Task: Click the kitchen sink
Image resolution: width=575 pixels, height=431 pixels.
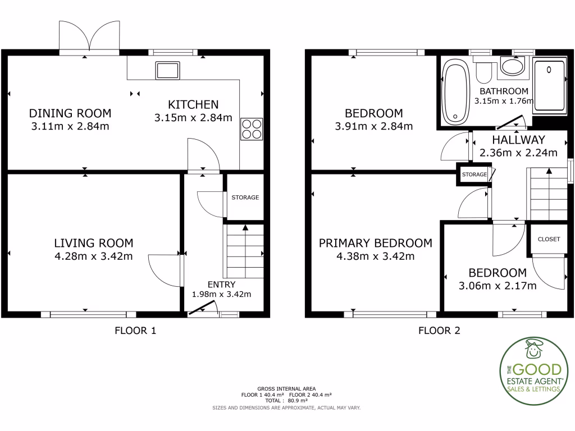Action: [168, 71]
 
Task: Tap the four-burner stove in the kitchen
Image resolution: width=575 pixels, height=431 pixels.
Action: [251, 129]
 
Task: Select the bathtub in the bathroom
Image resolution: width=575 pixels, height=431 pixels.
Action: [455, 93]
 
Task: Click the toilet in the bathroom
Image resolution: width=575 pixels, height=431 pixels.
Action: [483, 72]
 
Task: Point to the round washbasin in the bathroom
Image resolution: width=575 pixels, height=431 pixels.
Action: [512, 67]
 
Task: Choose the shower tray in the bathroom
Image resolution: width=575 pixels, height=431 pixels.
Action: [550, 86]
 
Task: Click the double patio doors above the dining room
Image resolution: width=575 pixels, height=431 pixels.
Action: [89, 37]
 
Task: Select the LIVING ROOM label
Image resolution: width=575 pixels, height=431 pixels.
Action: [94, 243]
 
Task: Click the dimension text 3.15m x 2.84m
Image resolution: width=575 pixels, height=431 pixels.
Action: [193, 118]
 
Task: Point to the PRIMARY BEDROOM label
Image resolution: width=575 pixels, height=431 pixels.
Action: [376, 243]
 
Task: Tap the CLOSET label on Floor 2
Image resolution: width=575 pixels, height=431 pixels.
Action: [549, 239]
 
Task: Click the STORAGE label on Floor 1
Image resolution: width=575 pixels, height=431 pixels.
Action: [245, 198]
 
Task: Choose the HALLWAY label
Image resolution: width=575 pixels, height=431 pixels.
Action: [518, 140]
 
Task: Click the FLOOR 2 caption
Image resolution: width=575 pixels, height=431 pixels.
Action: [439, 331]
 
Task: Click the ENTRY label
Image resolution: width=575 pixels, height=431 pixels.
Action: [221, 285]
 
